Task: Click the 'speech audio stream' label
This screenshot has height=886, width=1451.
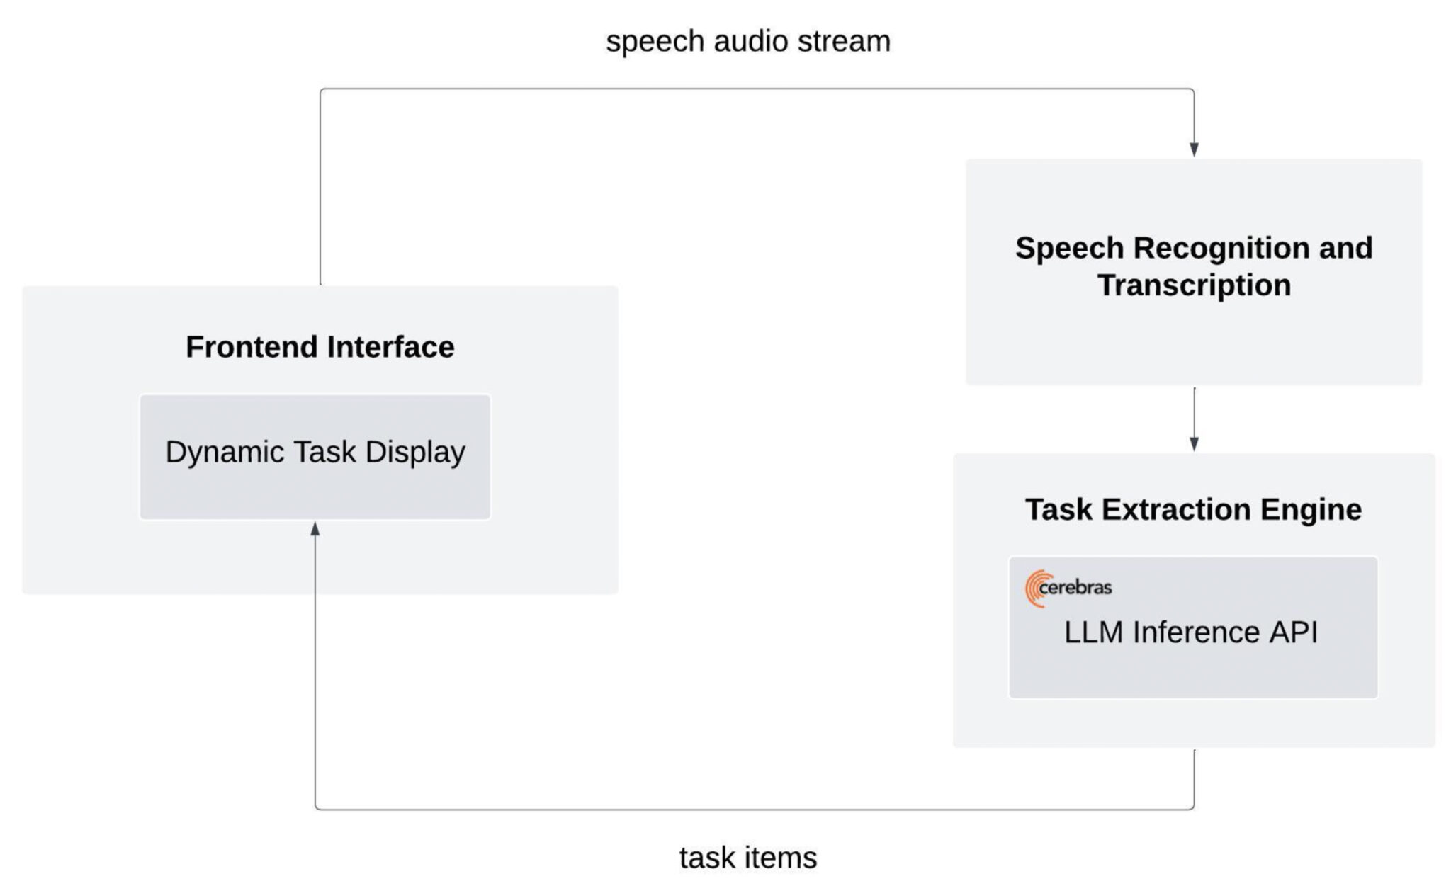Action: (748, 42)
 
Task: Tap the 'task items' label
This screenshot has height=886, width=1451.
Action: (748, 858)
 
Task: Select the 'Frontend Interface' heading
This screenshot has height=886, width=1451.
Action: (320, 347)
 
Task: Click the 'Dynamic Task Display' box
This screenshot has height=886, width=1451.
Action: (315, 457)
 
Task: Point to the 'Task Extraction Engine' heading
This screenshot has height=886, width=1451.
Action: (1194, 509)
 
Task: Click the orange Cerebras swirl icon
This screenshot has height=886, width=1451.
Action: (1035, 589)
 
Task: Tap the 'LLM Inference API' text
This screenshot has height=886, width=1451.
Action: (1191, 632)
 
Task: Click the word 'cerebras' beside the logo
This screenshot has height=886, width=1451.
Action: (1075, 587)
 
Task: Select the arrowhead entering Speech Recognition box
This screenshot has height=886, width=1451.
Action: (1194, 149)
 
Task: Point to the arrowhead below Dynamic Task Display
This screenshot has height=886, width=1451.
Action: (315, 528)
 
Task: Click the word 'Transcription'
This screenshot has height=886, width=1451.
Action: (1194, 285)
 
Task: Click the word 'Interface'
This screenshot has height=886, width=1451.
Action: (390, 347)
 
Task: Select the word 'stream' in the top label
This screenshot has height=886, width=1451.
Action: (844, 42)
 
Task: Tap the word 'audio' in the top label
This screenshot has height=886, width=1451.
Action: (751, 42)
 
